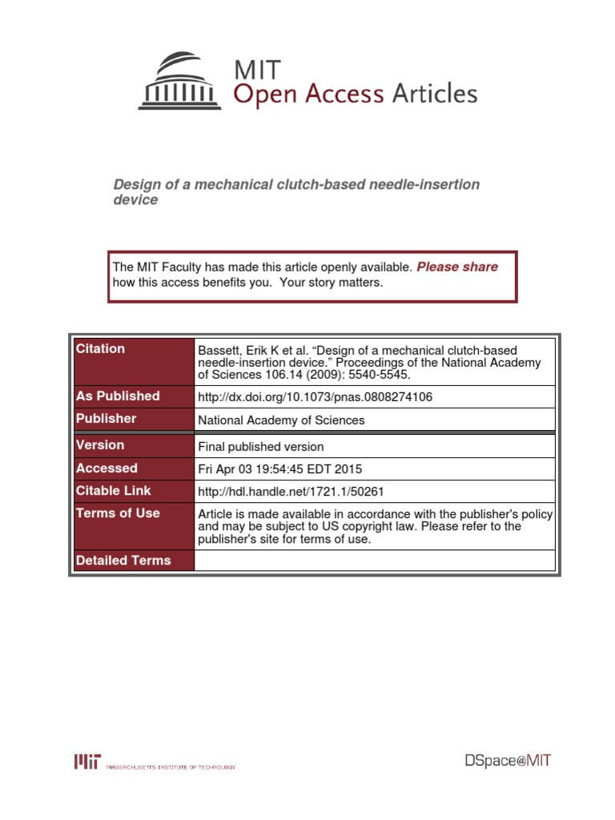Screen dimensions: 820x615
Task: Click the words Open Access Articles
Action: tap(355, 94)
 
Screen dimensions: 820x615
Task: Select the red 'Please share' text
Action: tap(457, 267)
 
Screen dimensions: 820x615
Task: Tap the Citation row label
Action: tap(100, 349)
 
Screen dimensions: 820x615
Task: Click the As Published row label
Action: tap(118, 396)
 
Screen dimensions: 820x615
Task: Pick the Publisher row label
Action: tap(106, 419)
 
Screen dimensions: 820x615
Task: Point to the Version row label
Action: tap(100, 445)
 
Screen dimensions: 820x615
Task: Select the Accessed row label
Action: tap(107, 468)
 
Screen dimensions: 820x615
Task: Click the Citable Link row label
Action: tap(113, 491)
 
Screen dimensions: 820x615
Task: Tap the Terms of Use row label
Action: tap(118, 513)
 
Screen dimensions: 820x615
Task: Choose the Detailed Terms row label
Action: tap(123, 561)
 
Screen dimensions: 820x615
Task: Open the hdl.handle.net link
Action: tap(295, 492)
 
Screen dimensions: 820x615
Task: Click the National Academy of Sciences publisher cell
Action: tap(281, 420)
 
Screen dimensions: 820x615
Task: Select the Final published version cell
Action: tap(260, 447)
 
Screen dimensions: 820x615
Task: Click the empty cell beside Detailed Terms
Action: tap(374, 561)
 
